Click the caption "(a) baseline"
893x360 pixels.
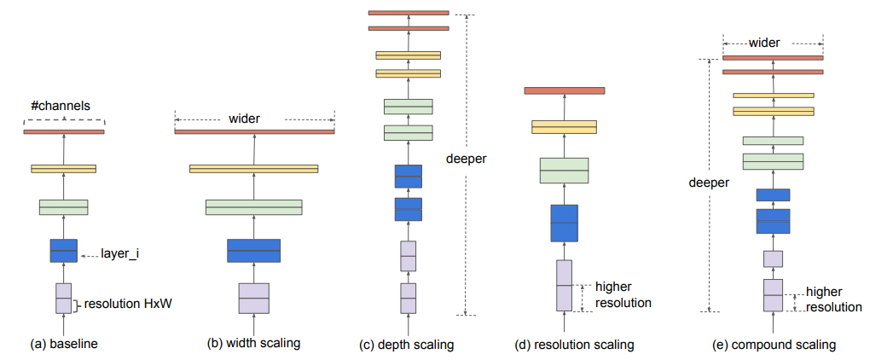[64, 344]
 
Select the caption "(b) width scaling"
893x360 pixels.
[253, 344]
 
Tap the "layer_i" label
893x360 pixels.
[119, 254]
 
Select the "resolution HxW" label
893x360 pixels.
[128, 305]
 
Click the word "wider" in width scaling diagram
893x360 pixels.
[244, 119]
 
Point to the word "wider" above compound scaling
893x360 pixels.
[764, 43]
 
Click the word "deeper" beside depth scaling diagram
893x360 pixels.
[467, 159]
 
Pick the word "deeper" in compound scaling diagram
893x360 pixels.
[709, 183]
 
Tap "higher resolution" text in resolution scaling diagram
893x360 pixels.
[623, 294]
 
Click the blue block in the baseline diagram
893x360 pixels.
[64, 251]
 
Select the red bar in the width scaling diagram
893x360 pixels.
[254, 131]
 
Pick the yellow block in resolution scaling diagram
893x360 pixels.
[565, 127]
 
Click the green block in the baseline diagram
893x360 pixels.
[64, 207]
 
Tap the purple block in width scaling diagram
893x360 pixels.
[253, 298]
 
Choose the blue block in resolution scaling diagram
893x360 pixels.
[565, 224]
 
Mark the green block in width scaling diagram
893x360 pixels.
[254, 207]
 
